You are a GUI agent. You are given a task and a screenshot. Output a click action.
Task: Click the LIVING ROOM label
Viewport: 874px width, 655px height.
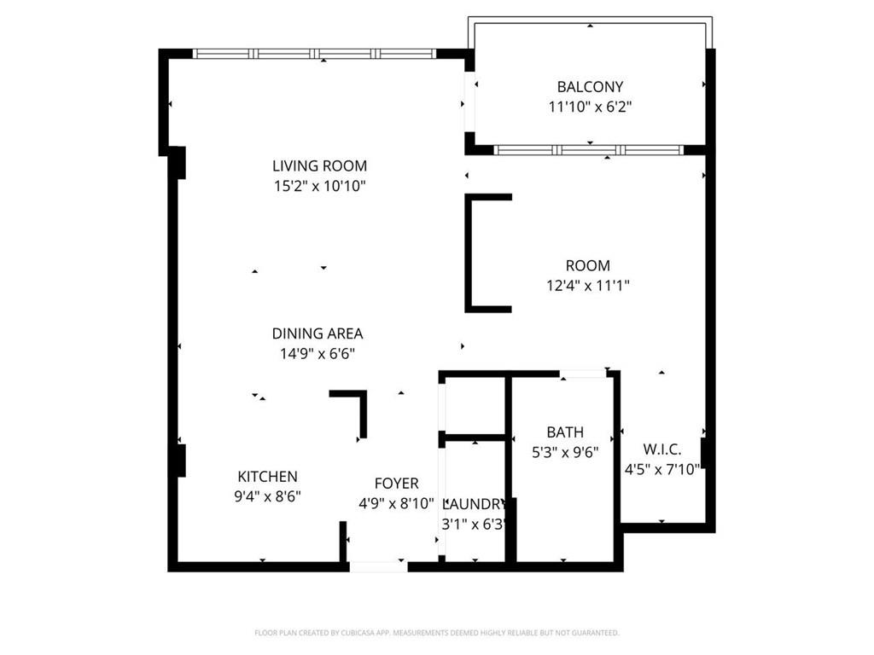[x=319, y=165]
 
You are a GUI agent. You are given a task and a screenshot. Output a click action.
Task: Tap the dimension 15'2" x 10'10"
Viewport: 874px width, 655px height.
[x=319, y=186]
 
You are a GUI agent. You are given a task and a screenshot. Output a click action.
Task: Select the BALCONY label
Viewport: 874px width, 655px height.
[x=590, y=86]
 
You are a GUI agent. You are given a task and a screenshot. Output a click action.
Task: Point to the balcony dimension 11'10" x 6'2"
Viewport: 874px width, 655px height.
[x=590, y=107]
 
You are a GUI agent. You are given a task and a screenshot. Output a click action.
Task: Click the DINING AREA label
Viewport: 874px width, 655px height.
[x=318, y=333]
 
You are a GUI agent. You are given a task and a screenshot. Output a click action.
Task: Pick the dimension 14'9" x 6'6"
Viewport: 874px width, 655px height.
[x=318, y=354]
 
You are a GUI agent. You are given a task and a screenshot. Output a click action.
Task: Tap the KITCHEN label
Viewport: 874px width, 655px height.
[x=267, y=477]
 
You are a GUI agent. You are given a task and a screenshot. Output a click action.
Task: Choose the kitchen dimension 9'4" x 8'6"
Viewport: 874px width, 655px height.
[x=267, y=496]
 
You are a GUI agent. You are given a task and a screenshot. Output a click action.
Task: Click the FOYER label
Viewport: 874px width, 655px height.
[x=396, y=484]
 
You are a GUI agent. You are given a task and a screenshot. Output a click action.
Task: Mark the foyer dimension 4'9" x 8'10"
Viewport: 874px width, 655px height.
[x=396, y=503]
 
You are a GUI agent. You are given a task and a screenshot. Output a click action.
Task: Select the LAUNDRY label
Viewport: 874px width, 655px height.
[x=475, y=503]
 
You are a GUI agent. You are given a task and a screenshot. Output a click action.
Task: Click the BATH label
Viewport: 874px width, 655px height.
[x=565, y=432]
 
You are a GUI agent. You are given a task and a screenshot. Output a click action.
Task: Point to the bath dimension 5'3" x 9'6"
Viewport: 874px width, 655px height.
[x=565, y=453]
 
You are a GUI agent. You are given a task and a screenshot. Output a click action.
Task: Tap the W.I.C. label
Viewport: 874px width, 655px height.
[x=662, y=448]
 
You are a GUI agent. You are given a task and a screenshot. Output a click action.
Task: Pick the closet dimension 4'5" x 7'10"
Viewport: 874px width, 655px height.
[x=662, y=468]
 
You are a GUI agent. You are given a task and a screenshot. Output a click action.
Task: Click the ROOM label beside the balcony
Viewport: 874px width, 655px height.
[x=588, y=265]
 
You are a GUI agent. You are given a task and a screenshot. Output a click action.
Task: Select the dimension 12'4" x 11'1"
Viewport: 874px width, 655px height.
[x=588, y=286]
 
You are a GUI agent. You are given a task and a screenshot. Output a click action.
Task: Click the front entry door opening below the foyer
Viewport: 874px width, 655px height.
[x=378, y=565]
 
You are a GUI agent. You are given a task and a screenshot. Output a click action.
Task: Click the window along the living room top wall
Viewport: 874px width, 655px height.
[x=315, y=54]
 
